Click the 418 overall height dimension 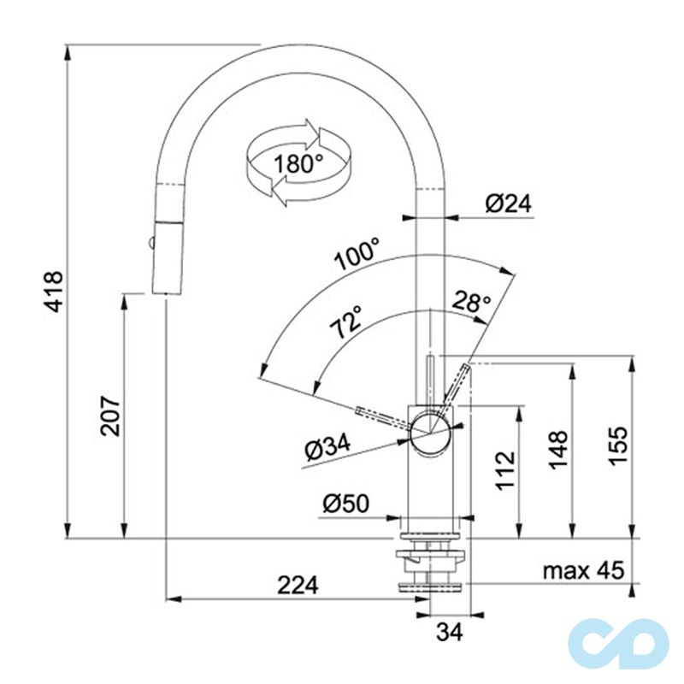53,292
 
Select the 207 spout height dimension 111,416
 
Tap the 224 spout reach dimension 298,585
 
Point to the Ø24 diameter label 508,203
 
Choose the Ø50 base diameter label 345,504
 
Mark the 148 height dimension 557,449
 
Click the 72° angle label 346,322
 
